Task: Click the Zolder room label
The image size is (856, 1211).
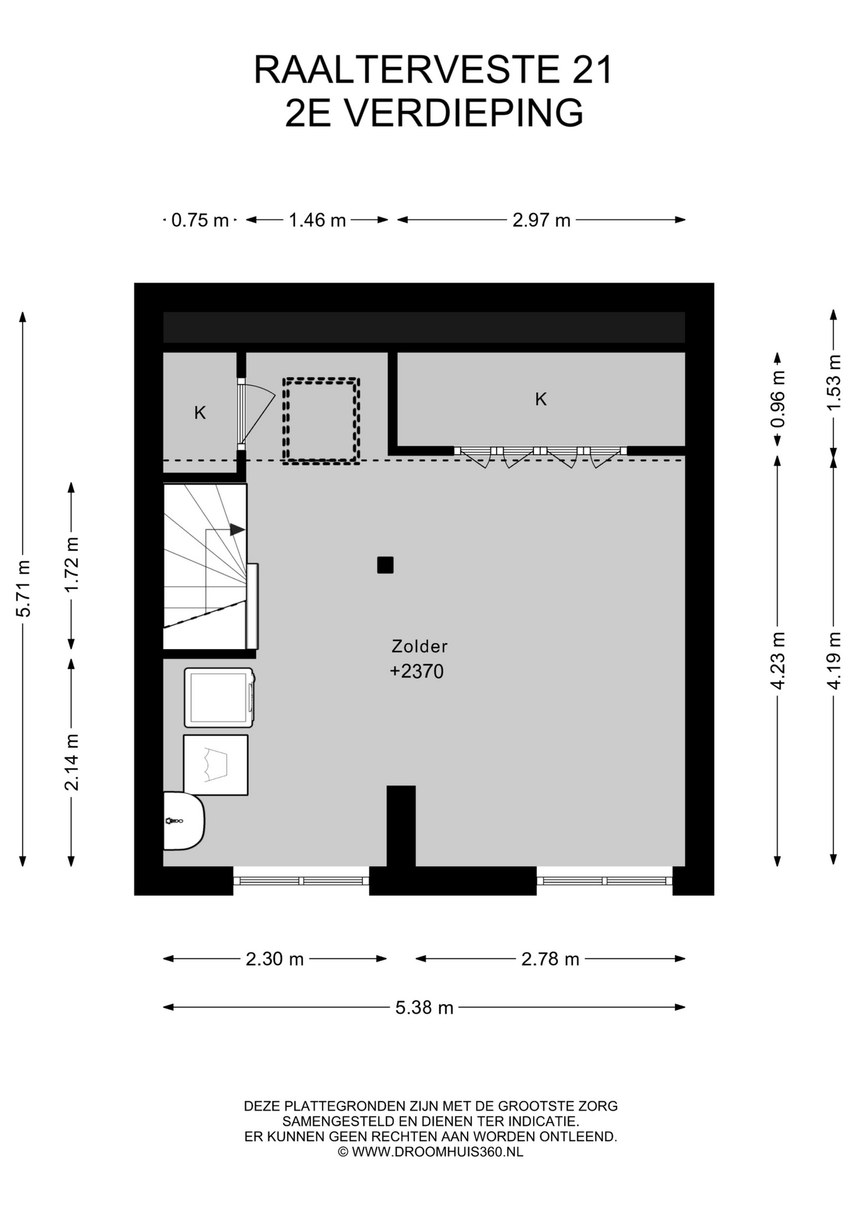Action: point(419,646)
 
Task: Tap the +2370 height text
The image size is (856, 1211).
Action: point(417,671)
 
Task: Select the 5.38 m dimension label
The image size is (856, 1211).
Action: point(424,1007)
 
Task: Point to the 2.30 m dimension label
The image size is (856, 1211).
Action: point(275,959)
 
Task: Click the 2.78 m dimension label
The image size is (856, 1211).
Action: point(550,959)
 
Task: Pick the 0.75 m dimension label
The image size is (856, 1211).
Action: point(200,220)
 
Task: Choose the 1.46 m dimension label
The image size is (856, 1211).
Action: point(317,220)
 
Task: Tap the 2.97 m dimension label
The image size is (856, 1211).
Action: point(541,220)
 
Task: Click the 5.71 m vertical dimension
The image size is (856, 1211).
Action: point(23,588)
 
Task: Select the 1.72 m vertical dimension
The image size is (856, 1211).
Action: point(72,565)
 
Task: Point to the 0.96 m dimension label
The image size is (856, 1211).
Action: point(778,399)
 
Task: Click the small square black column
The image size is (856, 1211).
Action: point(385,565)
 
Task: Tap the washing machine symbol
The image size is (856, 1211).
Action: point(219,698)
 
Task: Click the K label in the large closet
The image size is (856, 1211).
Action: point(541,399)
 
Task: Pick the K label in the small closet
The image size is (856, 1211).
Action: point(200,413)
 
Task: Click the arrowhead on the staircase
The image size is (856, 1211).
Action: point(237,530)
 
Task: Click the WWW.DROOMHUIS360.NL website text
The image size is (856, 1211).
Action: point(437,1152)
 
